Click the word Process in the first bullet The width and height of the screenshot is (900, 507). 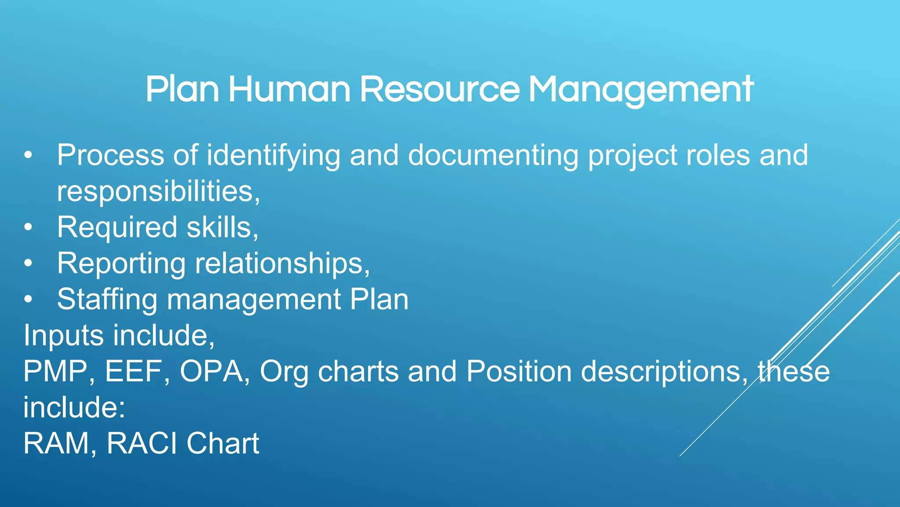(x=110, y=155)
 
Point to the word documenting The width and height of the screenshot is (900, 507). (x=493, y=155)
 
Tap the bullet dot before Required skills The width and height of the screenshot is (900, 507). (x=29, y=228)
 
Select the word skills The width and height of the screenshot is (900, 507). (x=222, y=228)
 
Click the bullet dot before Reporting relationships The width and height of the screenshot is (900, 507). (x=29, y=264)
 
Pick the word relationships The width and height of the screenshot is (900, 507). (x=281, y=264)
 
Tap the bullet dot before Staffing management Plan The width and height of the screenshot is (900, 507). (x=29, y=300)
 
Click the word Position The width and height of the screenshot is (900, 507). (x=519, y=371)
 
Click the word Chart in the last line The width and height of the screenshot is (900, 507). (x=223, y=443)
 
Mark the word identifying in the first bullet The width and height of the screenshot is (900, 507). (x=273, y=155)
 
